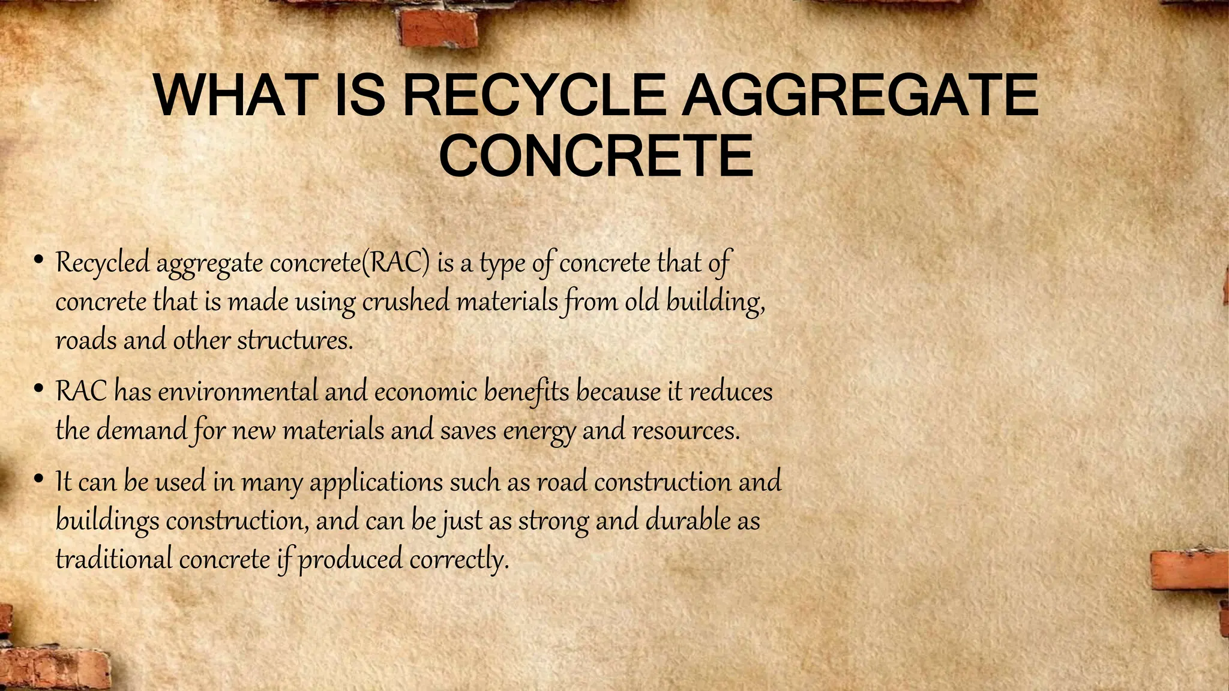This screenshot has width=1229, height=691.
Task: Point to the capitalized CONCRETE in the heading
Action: click(596, 157)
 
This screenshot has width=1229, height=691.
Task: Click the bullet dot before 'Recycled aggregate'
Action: click(38, 260)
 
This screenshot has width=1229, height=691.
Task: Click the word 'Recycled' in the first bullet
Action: click(102, 263)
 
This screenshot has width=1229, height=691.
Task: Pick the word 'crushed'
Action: click(406, 301)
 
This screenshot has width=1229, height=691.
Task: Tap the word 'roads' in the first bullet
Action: click(86, 341)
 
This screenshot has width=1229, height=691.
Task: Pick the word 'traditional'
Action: click(113, 560)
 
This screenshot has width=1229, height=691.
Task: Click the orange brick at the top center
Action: click(439, 27)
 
